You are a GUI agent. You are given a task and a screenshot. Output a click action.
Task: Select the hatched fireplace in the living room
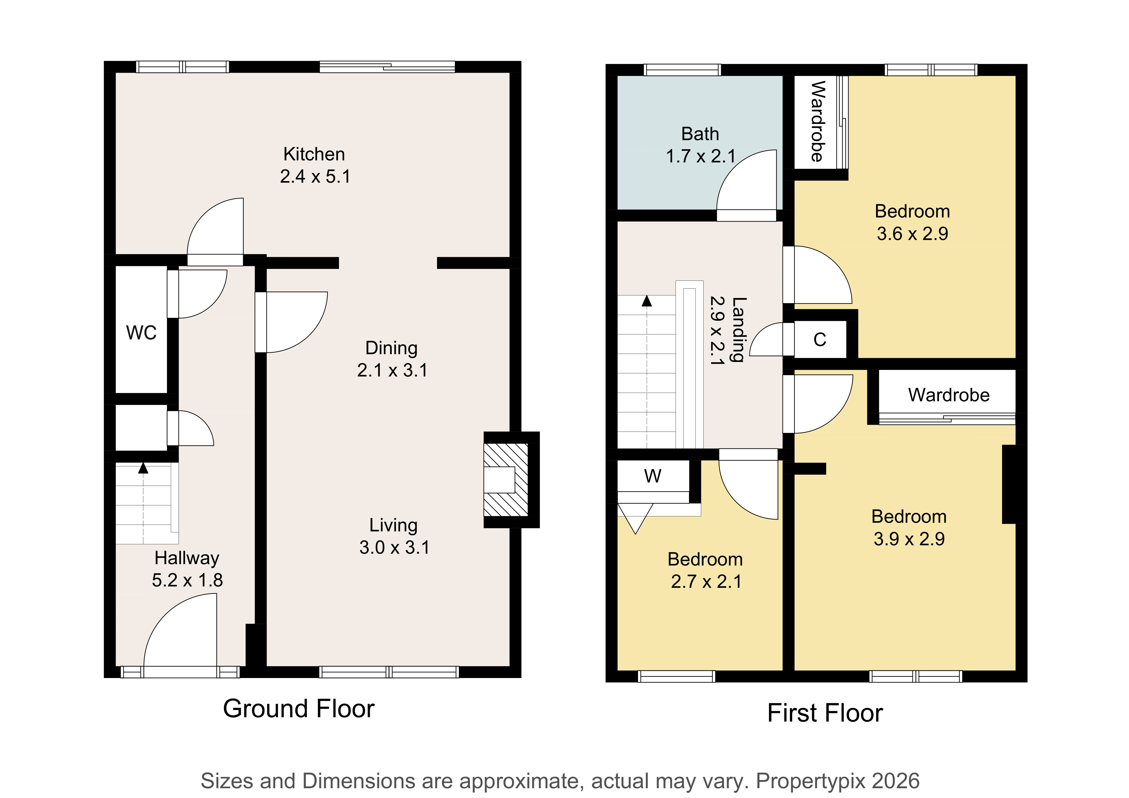(x=506, y=480)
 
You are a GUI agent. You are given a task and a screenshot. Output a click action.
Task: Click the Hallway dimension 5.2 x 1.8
(x=187, y=580)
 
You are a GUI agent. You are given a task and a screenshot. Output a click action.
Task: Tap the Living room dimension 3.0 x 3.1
(x=394, y=547)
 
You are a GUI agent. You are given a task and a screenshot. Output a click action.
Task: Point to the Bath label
(x=700, y=134)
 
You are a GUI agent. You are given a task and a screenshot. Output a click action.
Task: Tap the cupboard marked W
(x=653, y=476)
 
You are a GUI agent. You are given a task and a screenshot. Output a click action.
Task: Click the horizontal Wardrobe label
(x=949, y=395)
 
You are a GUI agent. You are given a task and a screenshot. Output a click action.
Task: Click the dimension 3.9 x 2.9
(x=909, y=539)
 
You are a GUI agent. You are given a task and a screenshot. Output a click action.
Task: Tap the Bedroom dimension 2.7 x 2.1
(x=706, y=582)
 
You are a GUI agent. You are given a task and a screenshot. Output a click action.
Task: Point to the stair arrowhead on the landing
(x=647, y=301)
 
